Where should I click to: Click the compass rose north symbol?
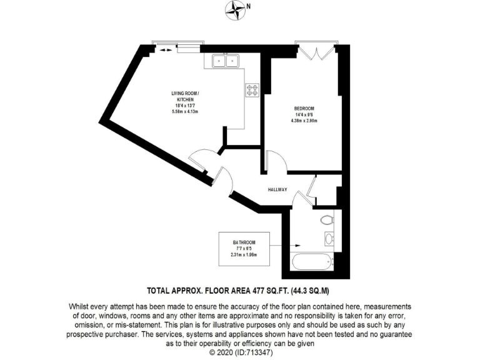(x=236, y=9)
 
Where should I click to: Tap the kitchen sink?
(x=226, y=60)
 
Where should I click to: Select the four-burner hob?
(x=252, y=91)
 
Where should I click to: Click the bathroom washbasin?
(x=329, y=238)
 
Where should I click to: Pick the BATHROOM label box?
(x=244, y=248)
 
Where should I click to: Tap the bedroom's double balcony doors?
(x=318, y=52)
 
